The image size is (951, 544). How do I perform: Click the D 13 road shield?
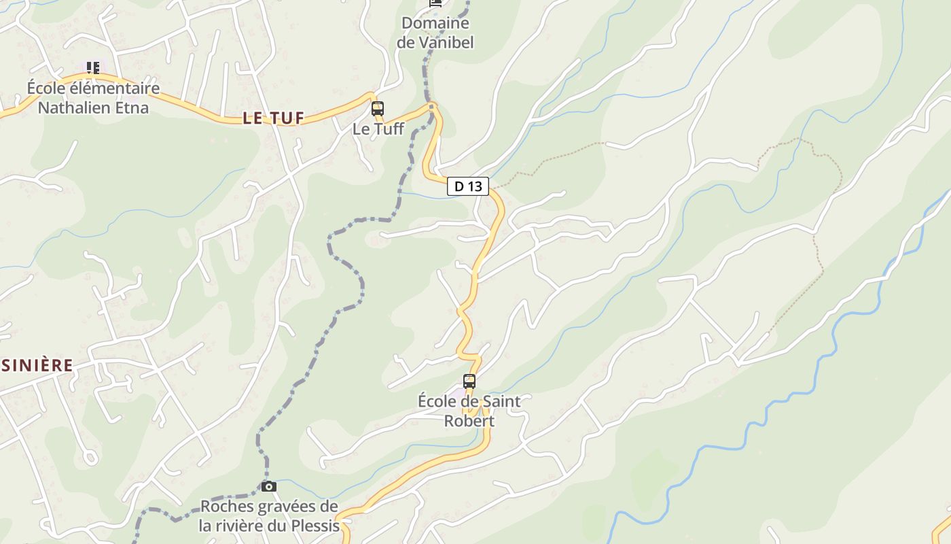click(468, 186)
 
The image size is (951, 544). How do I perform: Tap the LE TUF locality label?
click(273, 118)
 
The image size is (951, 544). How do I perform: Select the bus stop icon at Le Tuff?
click(378, 108)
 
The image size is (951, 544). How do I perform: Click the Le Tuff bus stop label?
click(378, 129)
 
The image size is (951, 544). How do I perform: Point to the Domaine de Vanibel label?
click(435, 33)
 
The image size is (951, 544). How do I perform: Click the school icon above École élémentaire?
click(93, 67)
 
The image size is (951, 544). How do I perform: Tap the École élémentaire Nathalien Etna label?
click(93, 97)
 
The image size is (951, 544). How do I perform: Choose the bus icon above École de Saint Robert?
click(469, 381)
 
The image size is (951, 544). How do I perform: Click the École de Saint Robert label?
click(469, 411)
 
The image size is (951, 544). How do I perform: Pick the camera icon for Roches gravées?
click(269, 486)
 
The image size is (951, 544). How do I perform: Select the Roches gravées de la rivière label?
click(269, 516)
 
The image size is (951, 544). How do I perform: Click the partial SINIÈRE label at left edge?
click(37, 365)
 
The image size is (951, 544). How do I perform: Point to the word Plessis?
click(315, 526)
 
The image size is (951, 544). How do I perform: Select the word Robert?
click(469, 421)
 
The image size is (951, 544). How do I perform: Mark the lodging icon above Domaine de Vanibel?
click(435, 3)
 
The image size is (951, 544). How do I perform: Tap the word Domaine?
click(435, 23)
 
